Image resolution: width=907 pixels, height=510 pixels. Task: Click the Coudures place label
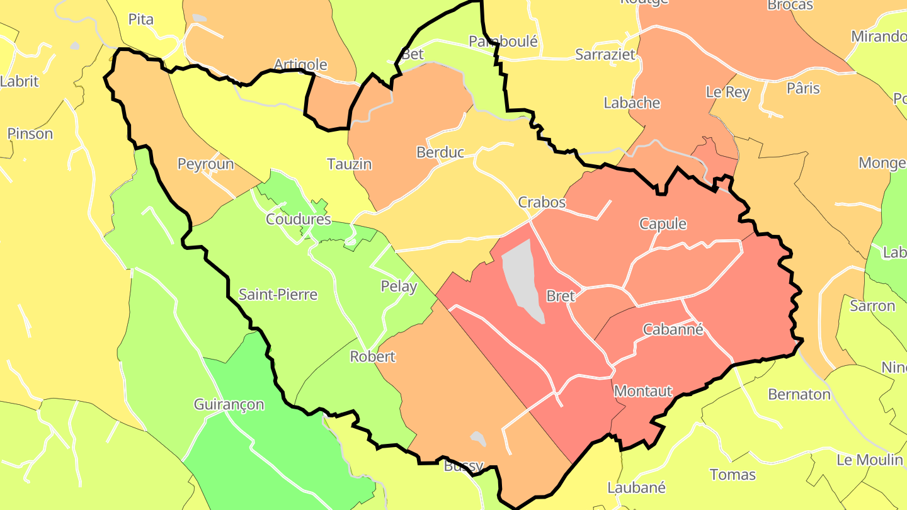point(298,219)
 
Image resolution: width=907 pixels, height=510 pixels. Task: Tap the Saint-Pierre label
point(278,295)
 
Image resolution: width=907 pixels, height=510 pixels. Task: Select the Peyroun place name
point(205,164)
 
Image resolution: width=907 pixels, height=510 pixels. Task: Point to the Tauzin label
point(349,164)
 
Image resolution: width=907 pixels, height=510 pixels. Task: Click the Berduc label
point(440,152)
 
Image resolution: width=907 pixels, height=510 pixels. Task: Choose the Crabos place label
point(542,203)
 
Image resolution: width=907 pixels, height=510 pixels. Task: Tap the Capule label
point(663,224)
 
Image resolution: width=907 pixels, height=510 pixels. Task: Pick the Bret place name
point(561,296)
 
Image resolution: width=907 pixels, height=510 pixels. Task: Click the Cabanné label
point(673,329)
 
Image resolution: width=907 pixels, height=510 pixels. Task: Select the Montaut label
point(643,391)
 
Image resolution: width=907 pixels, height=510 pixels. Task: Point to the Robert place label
point(373,356)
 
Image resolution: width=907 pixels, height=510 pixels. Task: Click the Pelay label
point(399,286)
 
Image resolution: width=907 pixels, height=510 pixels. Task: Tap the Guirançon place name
point(229,404)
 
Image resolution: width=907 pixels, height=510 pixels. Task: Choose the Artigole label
point(300,64)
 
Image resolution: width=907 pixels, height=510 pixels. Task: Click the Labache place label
point(632,103)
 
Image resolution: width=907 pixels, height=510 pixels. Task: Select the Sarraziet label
point(605,55)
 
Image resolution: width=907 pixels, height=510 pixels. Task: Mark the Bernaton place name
point(799,395)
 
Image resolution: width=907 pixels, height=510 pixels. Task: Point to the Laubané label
point(636,487)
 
